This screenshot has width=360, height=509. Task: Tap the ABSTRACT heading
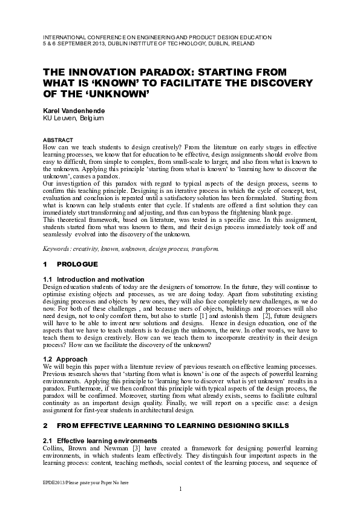click(57, 140)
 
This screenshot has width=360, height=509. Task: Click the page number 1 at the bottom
click(180, 488)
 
